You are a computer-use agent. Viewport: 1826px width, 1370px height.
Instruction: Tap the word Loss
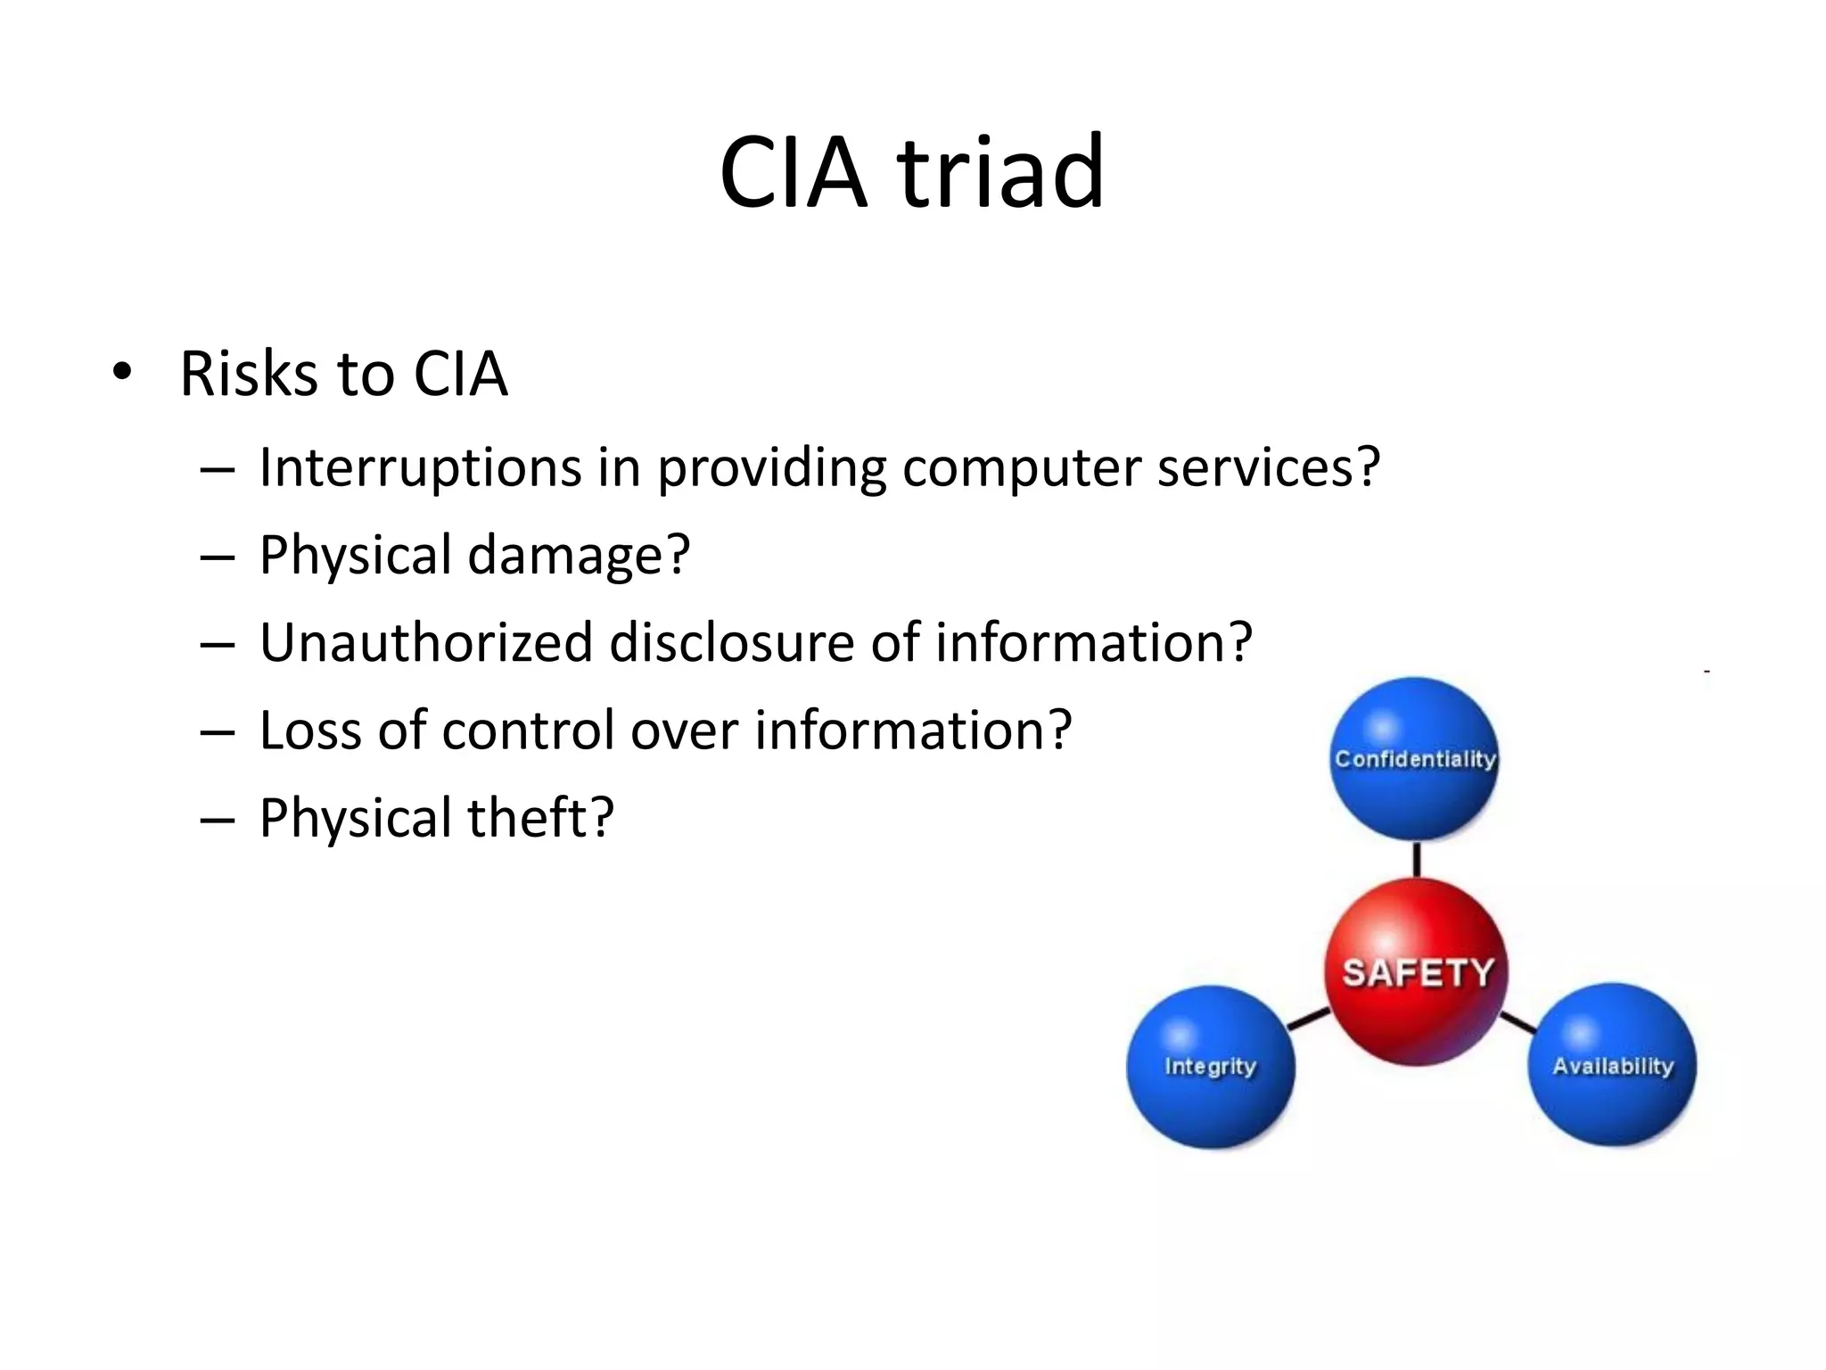coord(310,730)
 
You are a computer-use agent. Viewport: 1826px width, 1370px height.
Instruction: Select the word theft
coord(531,818)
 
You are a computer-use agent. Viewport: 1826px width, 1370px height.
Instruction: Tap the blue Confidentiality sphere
coord(1414,759)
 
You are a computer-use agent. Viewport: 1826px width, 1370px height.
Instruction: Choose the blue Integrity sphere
coord(1210,1067)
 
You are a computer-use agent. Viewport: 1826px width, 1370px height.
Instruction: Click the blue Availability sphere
coord(1612,1066)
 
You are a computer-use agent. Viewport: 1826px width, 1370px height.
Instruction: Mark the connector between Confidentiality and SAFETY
coord(1416,859)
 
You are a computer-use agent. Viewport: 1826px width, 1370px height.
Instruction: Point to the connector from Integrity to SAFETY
coord(1308,1019)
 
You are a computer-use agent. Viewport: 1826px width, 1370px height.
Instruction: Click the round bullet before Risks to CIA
coord(123,372)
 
